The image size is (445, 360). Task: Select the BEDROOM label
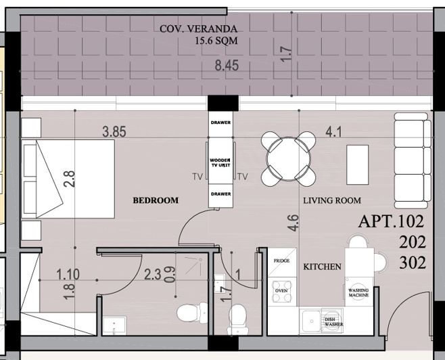tap(156, 200)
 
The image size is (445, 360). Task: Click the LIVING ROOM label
tap(331, 200)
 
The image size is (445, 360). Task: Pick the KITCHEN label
tap(321, 267)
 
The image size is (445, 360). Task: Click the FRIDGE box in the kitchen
tap(281, 261)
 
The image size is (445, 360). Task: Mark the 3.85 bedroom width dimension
tap(114, 133)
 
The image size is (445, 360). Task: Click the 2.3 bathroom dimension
tap(153, 275)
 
